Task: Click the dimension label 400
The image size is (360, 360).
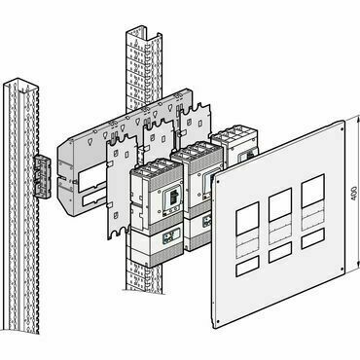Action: point(354,194)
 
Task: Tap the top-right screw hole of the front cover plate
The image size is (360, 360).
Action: point(342,128)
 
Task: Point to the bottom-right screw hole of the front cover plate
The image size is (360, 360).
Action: point(342,269)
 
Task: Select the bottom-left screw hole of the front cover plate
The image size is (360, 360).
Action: point(218,322)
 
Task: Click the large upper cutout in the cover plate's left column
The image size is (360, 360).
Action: point(247,219)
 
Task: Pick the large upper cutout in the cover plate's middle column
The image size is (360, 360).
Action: point(280,204)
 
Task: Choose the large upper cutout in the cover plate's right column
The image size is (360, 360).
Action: point(313,191)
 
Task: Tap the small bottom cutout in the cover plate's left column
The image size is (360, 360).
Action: point(247,266)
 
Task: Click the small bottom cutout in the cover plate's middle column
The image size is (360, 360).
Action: point(280,252)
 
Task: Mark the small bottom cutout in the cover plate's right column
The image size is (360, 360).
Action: point(313,238)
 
